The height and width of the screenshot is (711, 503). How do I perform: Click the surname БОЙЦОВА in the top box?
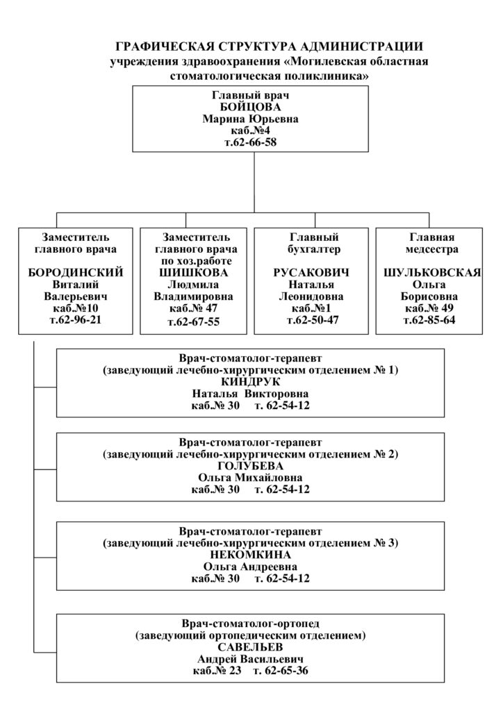250,108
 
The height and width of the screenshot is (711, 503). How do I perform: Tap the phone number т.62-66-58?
250,142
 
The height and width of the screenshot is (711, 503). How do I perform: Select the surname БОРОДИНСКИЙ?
76,272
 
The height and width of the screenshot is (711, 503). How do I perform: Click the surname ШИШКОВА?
194,272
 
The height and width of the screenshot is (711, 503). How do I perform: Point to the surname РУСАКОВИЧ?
311,272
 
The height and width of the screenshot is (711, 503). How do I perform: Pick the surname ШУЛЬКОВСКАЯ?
432,272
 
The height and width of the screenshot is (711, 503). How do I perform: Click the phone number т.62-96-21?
76,320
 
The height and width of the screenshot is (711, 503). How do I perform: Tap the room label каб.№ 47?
194,308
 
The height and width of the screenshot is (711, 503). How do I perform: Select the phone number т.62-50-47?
313,320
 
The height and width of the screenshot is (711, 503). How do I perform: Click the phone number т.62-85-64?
429,320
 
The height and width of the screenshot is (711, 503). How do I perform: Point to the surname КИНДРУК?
250,382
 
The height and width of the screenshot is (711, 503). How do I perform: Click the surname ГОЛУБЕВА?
250,466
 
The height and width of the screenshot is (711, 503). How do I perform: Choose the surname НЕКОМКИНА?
250,555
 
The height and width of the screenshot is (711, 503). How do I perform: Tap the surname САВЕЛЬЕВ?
250,647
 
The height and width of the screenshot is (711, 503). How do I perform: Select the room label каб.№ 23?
217,671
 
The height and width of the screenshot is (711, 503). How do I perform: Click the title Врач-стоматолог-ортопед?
250,624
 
